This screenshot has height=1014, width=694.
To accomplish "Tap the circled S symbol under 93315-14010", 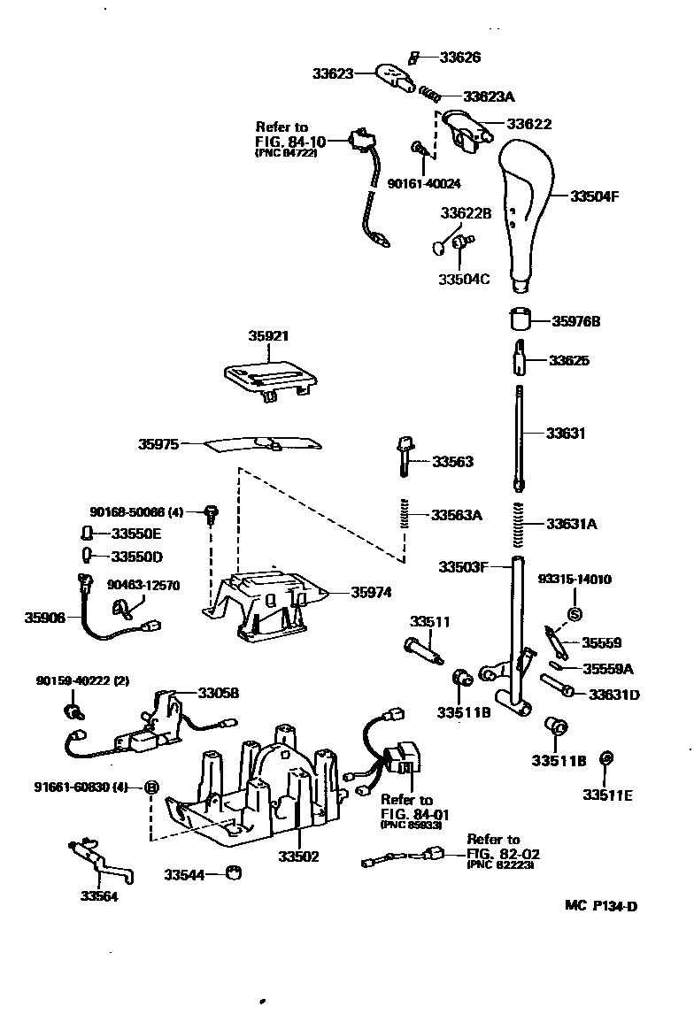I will click(574, 613).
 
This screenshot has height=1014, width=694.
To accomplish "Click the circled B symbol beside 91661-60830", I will click(151, 787).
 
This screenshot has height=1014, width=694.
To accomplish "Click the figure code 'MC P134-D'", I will click(602, 905).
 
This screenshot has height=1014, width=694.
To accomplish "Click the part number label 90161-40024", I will click(424, 183).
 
